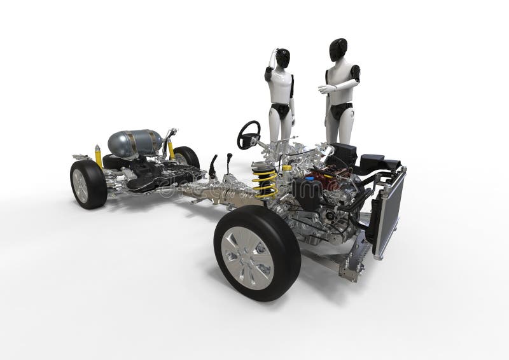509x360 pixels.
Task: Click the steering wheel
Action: coord(249,134)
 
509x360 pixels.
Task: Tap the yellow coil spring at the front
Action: coord(265,181)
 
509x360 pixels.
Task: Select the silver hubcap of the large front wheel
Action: coord(248,258)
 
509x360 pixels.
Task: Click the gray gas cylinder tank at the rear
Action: coord(134,142)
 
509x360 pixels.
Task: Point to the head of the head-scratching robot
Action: coord(282,57)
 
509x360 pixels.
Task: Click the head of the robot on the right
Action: coord(338,48)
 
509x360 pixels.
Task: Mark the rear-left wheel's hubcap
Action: coord(81,185)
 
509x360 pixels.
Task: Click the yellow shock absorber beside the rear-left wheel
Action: coord(99,155)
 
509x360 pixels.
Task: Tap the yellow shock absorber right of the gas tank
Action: coord(171,149)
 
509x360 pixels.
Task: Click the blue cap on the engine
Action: coord(310,179)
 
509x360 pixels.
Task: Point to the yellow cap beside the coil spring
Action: coord(287,169)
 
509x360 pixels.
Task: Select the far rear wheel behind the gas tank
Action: coord(187,156)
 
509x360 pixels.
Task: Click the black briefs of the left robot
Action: coord(281,111)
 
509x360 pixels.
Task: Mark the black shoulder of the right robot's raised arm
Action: coord(354,73)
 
